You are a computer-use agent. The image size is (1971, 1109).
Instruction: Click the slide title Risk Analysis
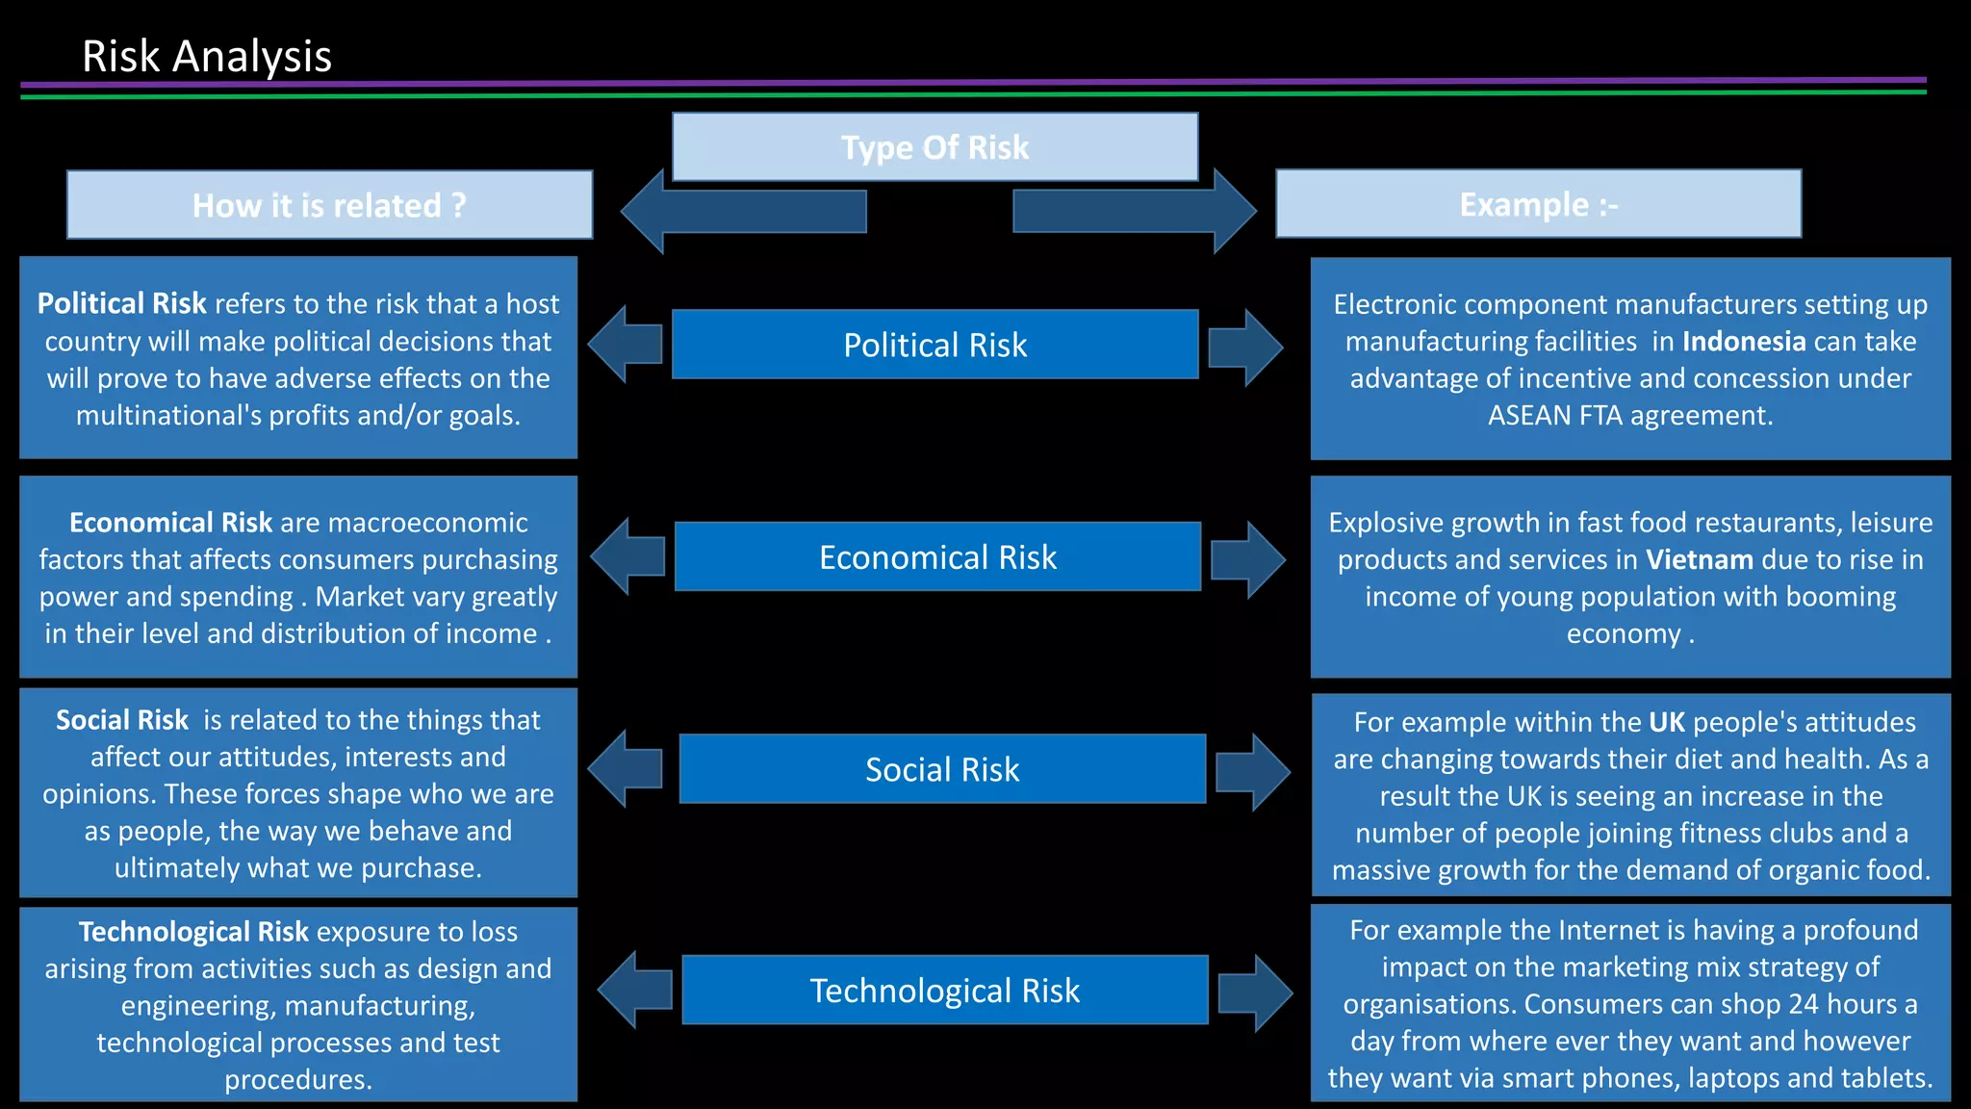click(x=206, y=56)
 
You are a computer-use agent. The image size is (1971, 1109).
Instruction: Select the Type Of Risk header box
click(x=934, y=147)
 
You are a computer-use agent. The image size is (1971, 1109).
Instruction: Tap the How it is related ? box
click(x=329, y=205)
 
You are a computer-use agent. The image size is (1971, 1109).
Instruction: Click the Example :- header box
click(x=1538, y=204)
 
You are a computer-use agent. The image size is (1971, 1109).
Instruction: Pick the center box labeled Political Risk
click(x=934, y=345)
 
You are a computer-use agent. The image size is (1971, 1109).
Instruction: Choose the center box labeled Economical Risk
click(x=937, y=556)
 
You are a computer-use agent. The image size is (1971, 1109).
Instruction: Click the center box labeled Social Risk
click(x=941, y=769)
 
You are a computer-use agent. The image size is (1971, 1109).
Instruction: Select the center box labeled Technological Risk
click(x=944, y=990)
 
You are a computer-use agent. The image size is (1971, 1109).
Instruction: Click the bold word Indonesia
click(x=1743, y=341)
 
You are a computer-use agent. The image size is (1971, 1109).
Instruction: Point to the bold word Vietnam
click(x=1699, y=559)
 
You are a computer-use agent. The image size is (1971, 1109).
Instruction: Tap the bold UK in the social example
click(x=1667, y=722)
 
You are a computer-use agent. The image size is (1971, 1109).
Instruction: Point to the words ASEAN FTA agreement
click(x=1629, y=415)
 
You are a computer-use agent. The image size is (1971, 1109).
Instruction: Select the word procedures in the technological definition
click(x=297, y=1079)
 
